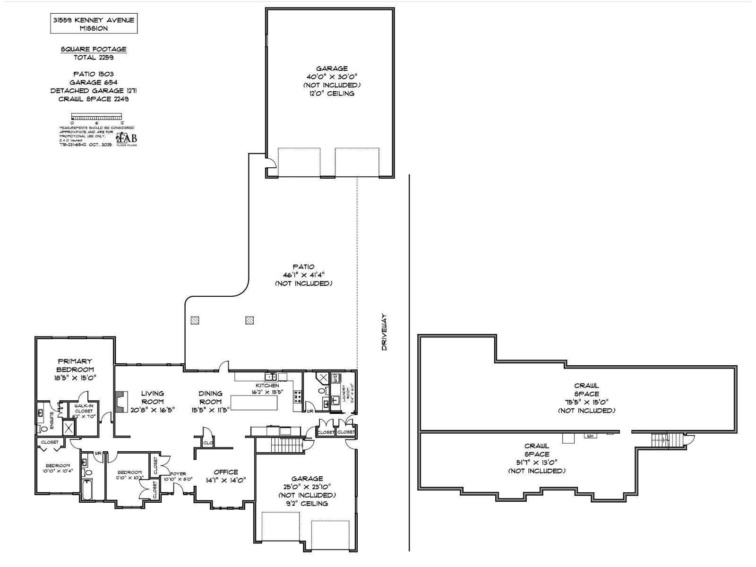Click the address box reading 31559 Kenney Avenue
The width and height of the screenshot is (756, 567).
[x=94, y=24]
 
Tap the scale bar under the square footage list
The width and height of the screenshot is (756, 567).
[x=96, y=116]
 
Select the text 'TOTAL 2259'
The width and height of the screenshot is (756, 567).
[x=94, y=58]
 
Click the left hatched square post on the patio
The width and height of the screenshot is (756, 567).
[x=195, y=320]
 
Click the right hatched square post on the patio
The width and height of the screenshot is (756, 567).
[x=250, y=320]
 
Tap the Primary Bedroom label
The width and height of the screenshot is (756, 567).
[x=75, y=365]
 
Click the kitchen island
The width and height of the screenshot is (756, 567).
[x=254, y=403]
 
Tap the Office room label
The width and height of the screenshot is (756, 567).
[x=226, y=472]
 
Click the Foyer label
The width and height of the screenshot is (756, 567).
[x=178, y=474]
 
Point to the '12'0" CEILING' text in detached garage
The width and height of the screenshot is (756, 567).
[x=332, y=94]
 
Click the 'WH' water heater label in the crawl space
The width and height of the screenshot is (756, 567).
[x=590, y=436]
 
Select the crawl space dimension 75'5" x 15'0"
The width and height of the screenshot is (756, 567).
[x=586, y=402]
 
